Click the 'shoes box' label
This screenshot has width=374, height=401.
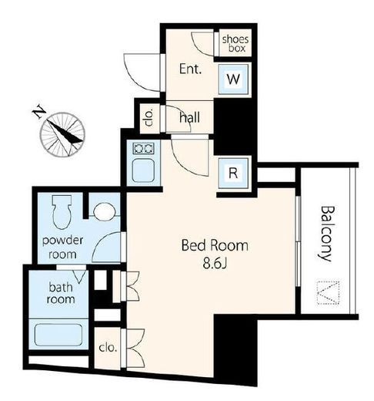[235, 44]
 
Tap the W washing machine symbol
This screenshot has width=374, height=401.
[233, 79]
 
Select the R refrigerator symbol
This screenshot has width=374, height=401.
[233, 173]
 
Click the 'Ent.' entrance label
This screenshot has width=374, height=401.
[190, 69]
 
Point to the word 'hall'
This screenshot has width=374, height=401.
[189, 117]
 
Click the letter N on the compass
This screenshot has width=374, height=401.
[39, 111]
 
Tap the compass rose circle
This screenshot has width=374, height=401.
[62, 134]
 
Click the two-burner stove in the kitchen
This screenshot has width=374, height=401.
[143, 148]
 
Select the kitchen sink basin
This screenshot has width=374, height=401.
[143, 170]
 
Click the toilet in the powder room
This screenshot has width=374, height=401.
[62, 211]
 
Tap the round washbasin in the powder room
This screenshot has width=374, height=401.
[104, 211]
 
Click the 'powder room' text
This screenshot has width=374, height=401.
[62, 248]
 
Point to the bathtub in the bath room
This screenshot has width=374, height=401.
[58, 335]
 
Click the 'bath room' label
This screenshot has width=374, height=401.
[61, 293]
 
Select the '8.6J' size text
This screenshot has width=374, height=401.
[215, 263]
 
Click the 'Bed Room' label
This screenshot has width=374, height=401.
[215, 245]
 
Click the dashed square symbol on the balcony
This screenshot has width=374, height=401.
[329, 293]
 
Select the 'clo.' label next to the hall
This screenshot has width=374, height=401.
[149, 117]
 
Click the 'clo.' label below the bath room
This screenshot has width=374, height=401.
[108, 348]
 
